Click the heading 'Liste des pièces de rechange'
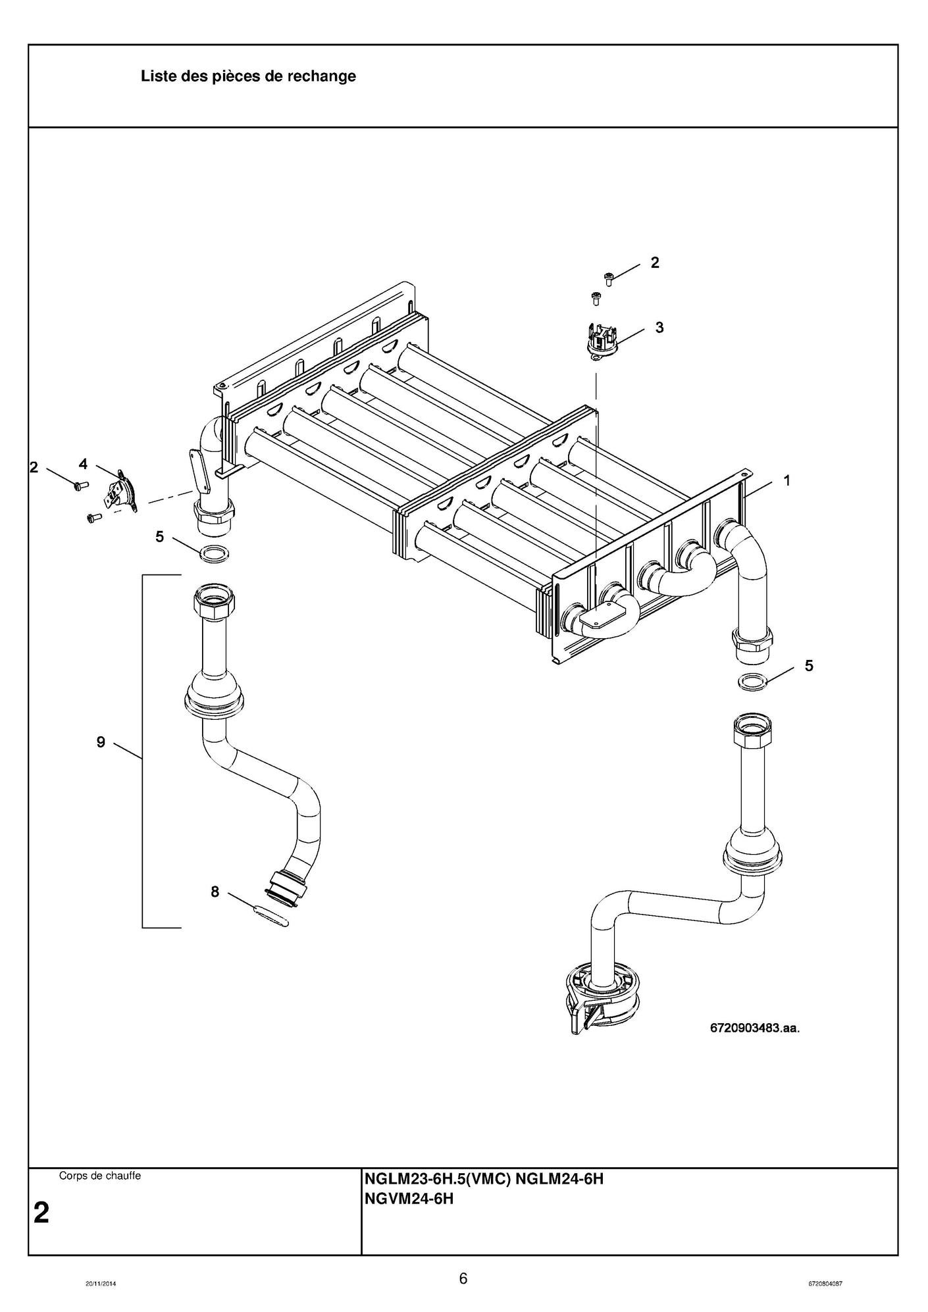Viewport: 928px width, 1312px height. coord(248,76)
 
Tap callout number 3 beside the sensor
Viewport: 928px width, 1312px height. coord(659,327)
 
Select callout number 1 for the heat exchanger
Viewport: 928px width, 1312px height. coord(786,480)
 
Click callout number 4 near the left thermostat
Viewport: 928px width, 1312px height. coord(83,464)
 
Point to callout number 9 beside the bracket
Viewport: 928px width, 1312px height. coord(101,742)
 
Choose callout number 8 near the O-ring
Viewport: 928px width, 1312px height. coord(215,892)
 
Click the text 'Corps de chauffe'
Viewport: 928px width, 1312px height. coord(100,1175)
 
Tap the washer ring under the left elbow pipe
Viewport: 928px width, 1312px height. coord(214,553)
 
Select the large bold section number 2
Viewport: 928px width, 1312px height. coord(41,1212)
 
